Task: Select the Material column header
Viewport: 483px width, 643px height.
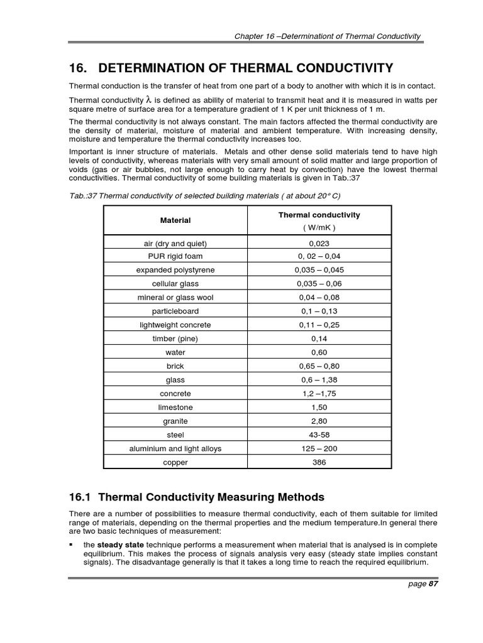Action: point(175,220)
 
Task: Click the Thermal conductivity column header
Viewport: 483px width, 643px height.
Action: point(319,215)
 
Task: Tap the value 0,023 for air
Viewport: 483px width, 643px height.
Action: point(319,244)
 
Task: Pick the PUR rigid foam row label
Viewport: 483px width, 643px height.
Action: point(175,256)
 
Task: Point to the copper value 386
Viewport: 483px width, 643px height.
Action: point(319,462)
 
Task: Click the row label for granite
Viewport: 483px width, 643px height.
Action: point(175,421)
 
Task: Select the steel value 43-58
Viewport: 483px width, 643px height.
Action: point(319,435)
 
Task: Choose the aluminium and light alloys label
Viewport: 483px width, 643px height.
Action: point(175,448)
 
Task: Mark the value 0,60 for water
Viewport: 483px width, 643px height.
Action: point(319,352)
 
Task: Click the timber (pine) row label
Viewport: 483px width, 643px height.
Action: point(175,338)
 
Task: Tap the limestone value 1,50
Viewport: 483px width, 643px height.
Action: point(319,407)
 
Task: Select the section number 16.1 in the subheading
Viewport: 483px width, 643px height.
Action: point(80,497)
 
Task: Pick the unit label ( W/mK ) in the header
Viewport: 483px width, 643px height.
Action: point(319,227)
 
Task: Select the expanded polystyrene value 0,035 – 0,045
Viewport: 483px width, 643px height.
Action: point(319,270)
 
